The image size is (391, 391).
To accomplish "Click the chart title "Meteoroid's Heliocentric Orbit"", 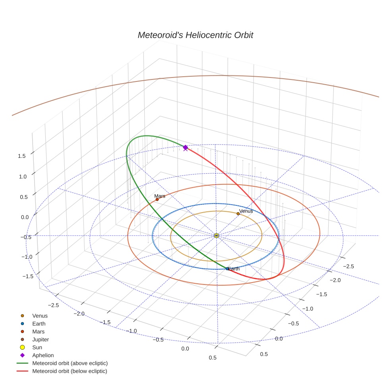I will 195,35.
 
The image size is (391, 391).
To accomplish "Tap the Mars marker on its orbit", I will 157,199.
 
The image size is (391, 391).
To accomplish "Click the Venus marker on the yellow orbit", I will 238,214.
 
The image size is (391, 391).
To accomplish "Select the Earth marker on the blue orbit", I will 227,269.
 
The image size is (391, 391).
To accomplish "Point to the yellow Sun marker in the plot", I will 217,236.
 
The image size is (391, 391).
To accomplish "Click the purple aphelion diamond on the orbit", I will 185,147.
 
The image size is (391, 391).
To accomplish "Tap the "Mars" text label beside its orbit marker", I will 160,196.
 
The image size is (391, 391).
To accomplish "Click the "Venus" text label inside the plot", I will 246,211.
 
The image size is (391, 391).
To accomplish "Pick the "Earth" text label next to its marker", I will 234,269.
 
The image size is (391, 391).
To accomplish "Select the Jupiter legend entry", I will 41,339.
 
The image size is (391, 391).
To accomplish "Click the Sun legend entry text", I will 37,347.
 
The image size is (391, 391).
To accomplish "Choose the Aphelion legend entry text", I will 43,355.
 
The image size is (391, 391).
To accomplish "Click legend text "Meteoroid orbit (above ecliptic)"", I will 70,363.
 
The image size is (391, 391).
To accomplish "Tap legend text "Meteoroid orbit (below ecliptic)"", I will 70,371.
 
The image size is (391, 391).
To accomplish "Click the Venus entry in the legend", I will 40,316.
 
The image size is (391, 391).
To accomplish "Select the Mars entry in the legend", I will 38,331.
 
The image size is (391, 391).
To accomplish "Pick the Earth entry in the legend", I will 39,324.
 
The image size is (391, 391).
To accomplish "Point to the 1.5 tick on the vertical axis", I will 22,156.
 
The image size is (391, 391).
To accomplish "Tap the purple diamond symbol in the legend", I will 23,355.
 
